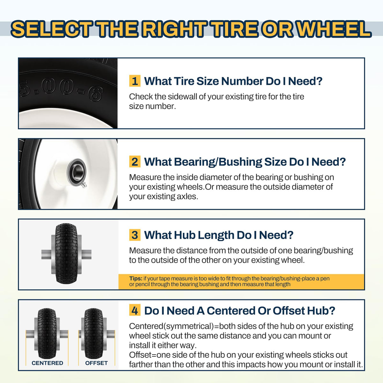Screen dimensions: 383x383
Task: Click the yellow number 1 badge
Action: [135, 81]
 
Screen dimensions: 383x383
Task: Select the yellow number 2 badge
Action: [135, 161]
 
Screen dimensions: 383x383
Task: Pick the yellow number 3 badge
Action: [135, 235]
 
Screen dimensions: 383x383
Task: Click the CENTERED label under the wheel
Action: [47, 363]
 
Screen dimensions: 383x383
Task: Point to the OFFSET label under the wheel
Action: [96, 363]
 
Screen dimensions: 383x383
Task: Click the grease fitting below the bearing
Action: [84, 185]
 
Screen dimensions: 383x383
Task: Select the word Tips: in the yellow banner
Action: [136, 278]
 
